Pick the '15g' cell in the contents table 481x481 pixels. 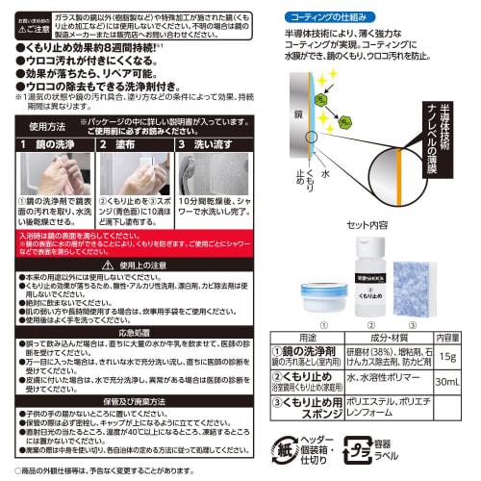[x=449, y=356]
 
